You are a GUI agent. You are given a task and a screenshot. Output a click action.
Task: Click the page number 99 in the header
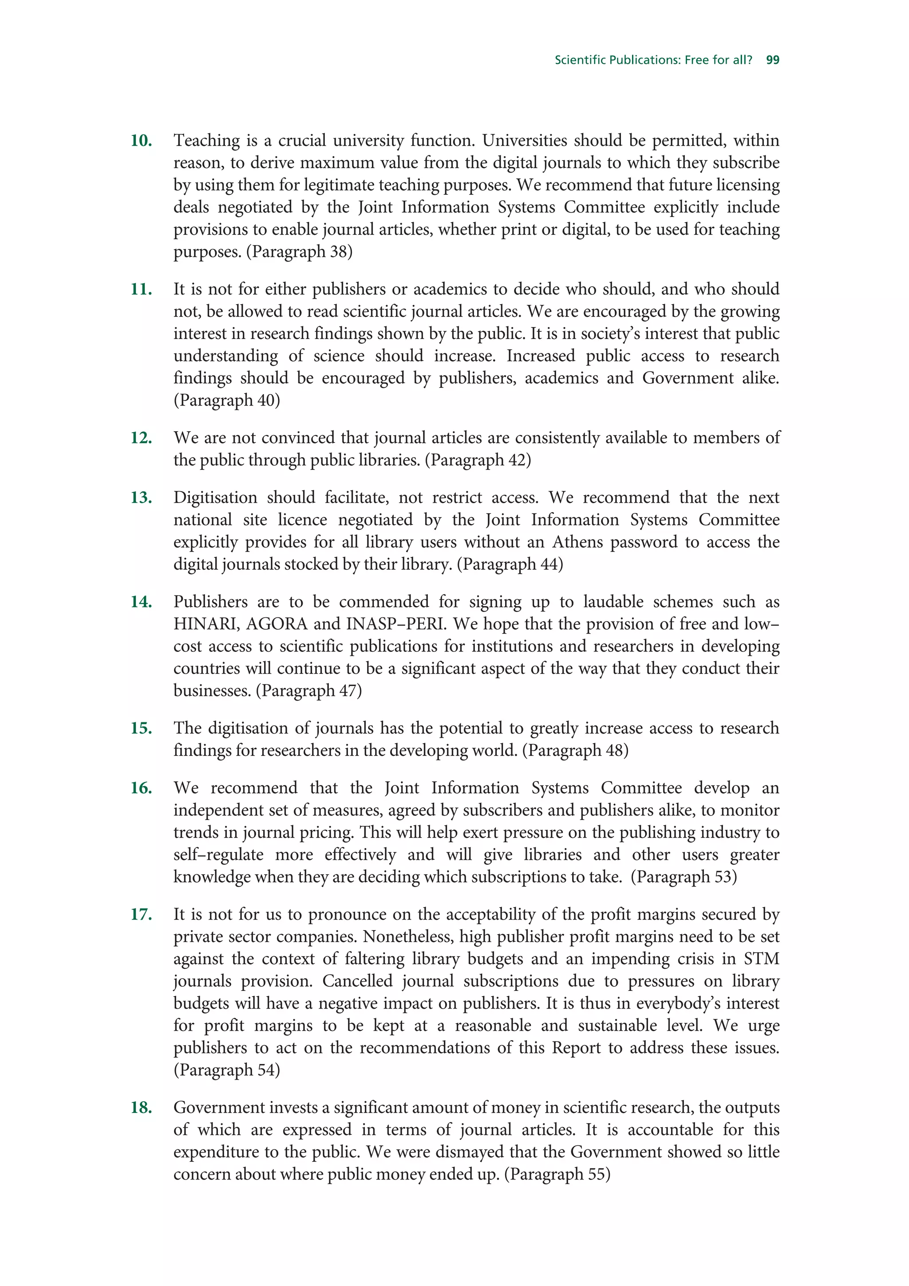772,60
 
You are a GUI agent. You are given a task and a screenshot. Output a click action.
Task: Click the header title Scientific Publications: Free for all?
653,60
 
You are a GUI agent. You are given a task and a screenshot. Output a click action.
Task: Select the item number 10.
141,141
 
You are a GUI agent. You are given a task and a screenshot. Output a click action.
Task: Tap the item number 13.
141,497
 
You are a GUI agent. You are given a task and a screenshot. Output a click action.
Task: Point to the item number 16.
141,788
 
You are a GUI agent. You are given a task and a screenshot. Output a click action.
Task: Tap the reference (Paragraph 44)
510,564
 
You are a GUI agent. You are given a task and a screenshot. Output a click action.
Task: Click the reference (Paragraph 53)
683,876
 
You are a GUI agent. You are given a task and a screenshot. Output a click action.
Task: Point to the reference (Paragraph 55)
557,1174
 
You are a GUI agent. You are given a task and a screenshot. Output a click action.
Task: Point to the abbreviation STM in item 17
761,959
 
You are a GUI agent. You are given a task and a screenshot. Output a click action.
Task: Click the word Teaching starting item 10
206,141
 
